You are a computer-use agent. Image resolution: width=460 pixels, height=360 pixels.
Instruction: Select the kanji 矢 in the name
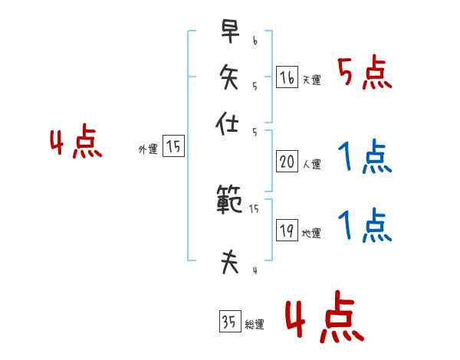(228, 78)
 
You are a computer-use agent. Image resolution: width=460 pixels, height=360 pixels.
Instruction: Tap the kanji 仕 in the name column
(228, 123)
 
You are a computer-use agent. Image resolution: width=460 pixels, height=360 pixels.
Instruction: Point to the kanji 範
(228, 201)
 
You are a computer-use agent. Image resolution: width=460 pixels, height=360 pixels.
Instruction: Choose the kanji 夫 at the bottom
(228, 262)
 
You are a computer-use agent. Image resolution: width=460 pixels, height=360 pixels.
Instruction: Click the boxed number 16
(286, 77)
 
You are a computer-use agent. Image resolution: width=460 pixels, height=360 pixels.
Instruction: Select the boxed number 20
(286, 162)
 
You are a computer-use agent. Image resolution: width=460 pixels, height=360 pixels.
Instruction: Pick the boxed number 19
(286, 231)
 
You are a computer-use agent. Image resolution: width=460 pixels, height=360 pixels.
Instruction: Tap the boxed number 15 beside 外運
(173, 146)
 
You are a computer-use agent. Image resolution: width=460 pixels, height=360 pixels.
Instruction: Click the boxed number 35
(229, 322)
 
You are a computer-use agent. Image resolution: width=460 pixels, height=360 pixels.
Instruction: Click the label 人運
(311, 164)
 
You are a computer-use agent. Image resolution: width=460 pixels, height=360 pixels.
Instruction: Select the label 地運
(311, 234)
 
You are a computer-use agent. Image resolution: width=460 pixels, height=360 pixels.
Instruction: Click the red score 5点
(365, 74)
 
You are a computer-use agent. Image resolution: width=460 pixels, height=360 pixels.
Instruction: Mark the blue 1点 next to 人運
(365, 159)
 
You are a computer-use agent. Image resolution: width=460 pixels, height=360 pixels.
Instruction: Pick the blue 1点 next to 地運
(365, 226)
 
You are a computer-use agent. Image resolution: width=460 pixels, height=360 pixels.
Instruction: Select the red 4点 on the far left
(76, 143)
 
